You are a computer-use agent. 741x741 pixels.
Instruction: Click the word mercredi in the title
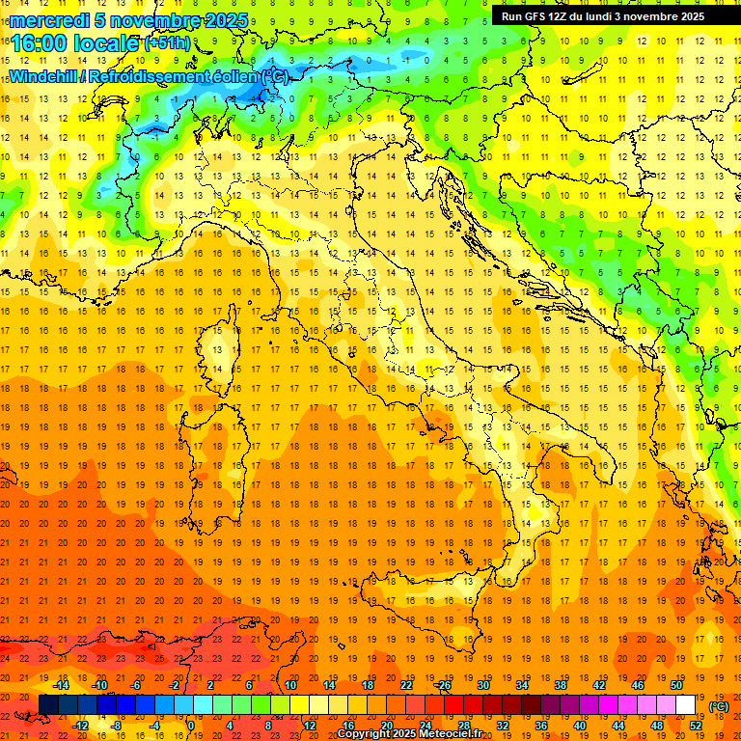click(48, 20)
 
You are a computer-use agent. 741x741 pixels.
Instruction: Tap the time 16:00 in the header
click(39, 43)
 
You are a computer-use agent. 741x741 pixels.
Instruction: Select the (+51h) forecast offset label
click(167, 43)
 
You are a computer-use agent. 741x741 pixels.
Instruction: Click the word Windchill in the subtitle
click(42, 76)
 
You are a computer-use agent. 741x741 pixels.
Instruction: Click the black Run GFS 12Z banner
click(603, 15)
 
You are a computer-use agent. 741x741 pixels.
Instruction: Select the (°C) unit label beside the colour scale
click(718, 706)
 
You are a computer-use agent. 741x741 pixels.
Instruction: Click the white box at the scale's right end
click(685, 705)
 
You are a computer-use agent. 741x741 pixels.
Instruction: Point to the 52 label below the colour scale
click(695, 725)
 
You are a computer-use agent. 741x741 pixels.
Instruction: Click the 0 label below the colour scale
click(191, 725)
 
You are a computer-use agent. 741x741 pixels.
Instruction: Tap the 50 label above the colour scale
click(675, 685)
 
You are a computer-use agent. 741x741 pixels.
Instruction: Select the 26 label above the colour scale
click(444, 685)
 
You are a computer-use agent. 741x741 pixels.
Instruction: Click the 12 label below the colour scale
click(309, 725)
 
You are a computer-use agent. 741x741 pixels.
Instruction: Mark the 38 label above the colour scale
click(560, 685)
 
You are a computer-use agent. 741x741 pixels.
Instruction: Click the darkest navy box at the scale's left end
click(48, 705)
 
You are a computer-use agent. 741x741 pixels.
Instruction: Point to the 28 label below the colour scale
click(463, 725)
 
